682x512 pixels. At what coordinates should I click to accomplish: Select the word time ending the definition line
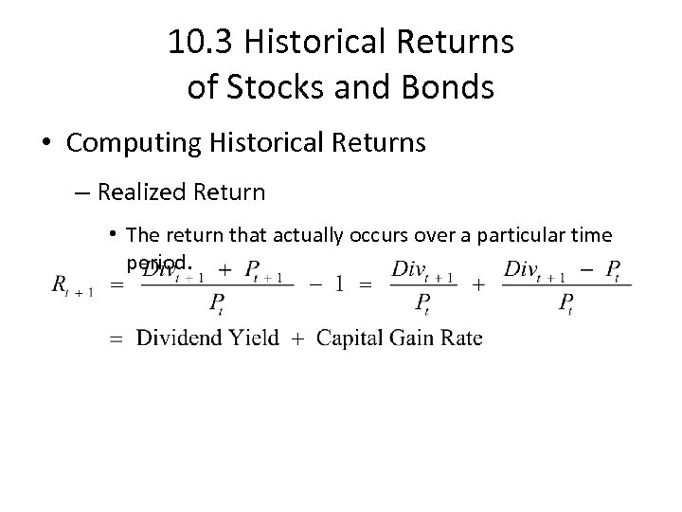pos(587,234)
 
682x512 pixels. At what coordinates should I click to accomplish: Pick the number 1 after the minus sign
pos(337,283)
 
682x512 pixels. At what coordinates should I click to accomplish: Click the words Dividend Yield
pos(207,338)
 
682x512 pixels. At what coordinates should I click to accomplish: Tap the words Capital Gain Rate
pos(399,338)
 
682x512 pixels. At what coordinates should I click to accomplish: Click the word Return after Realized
pos(231,192)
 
